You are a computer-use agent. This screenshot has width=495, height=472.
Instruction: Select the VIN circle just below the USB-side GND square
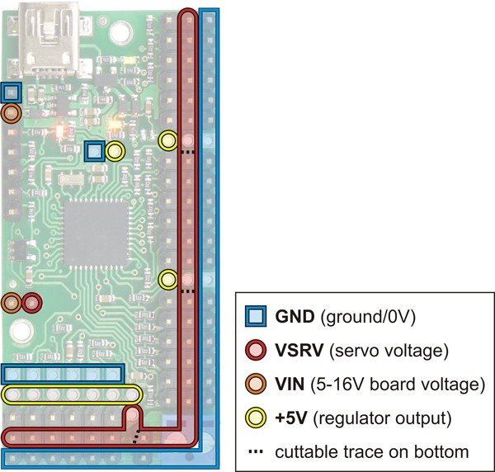pos(12,113)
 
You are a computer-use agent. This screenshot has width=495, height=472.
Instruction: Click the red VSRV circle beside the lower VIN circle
pos(31,303)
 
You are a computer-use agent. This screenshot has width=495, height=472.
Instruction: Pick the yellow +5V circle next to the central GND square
pos(114,151)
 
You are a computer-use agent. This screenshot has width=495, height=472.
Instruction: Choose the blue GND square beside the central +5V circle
pos(95,151)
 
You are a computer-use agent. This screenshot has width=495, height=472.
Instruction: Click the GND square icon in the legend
pos(256,315)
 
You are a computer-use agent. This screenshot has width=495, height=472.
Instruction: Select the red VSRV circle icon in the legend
pos(256,350)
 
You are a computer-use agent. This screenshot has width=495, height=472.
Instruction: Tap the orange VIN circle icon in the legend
pos(256,384)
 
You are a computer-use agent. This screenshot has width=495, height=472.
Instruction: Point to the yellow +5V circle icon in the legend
pos(256,418)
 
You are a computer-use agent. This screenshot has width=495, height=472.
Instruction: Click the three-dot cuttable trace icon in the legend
pos(256,451)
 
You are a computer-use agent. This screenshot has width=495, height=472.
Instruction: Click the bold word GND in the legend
pos(294,315)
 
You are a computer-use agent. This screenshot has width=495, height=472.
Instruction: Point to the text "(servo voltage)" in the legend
pos(387,350)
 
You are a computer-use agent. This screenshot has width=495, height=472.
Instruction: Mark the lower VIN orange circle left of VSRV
pos(12,303)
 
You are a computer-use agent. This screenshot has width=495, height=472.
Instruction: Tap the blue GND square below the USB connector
pos(12,92)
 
